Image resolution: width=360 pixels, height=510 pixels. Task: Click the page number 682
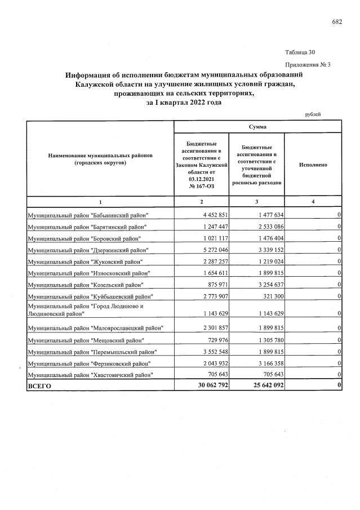click(337, 22)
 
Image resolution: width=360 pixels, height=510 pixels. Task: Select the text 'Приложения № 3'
click(309, 64)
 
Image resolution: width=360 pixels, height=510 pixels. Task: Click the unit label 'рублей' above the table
click(313, 114)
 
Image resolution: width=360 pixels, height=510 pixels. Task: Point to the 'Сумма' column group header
click(257, 127)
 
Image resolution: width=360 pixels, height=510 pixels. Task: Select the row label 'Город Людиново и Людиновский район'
click(85, 309)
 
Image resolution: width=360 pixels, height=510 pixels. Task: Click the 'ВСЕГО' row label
click(39, 387)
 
